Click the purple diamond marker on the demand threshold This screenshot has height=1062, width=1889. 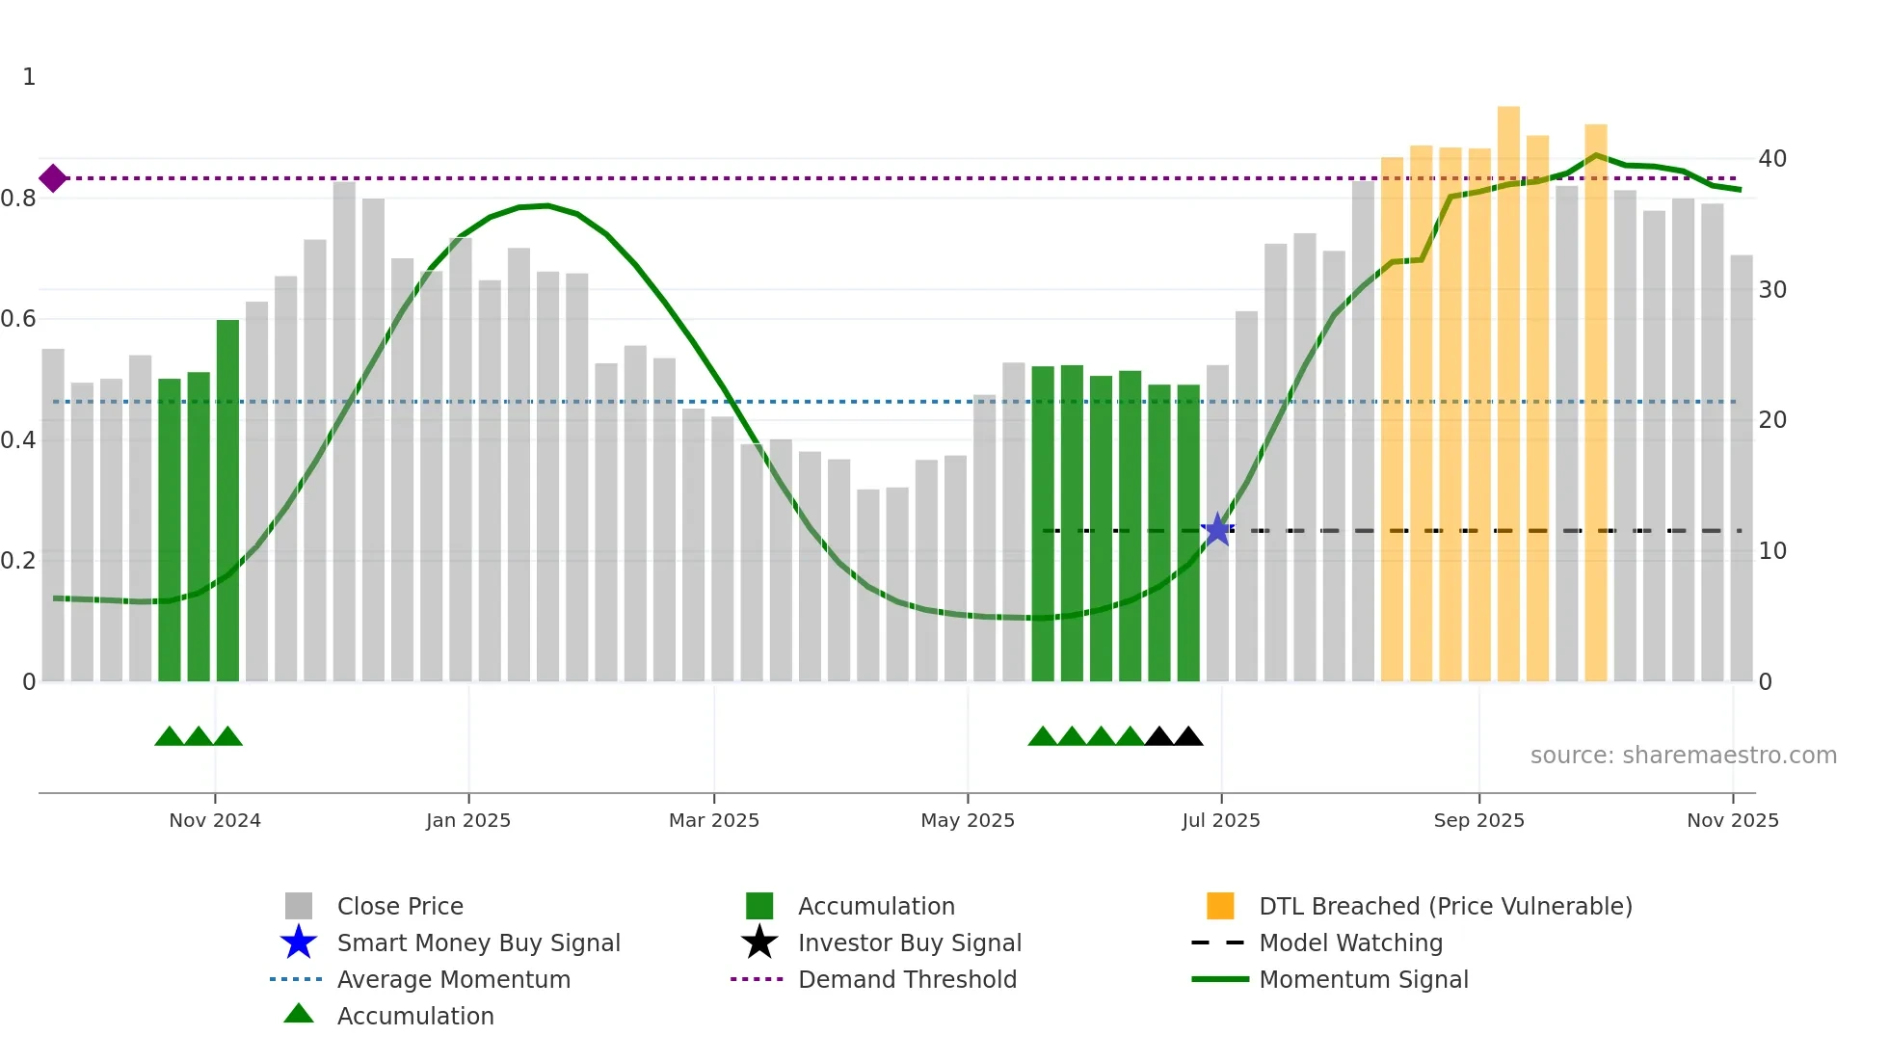click(x=53, y=178)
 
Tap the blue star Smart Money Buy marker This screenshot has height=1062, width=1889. click(x=1217, y=529)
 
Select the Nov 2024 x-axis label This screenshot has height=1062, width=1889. click(x=215, y=820)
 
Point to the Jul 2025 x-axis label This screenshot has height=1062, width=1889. click(x=1221, y=820)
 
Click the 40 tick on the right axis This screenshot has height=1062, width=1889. click(x=1771, y=159)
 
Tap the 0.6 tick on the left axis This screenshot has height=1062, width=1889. click(x=18, y=319)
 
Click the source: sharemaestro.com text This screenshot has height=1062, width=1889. click(x=1683, y=756)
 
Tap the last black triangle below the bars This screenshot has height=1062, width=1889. click(x=1188, y=736)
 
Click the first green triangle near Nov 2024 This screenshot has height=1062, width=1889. click(x=169, y=736)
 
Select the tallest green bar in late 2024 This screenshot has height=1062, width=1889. click(x=227, y=501)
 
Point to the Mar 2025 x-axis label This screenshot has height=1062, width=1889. click(x=714, y=820)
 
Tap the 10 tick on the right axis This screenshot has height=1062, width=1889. click(x=1771, y=551)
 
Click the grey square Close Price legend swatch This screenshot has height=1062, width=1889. click(x=299, y=906)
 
